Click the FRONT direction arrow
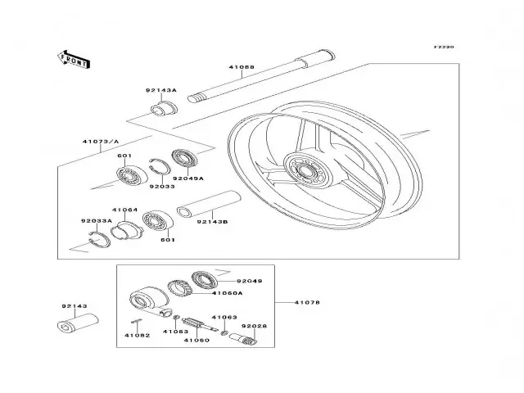73,58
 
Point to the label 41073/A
97,142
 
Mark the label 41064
124,210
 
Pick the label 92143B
214,221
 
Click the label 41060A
227,292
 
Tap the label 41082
137,336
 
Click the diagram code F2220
444,47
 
